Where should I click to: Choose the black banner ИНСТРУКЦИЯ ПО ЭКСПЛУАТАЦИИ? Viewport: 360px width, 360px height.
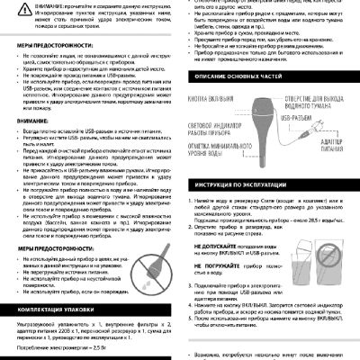pyautogui.click(x=243, y=184)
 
